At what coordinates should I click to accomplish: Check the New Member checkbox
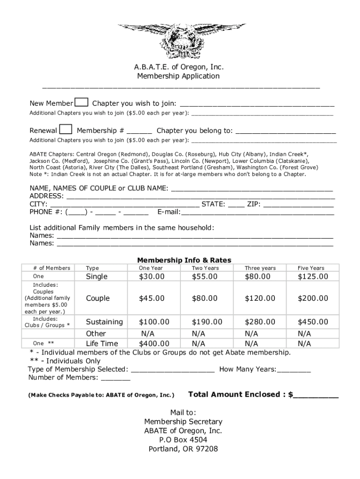pos(82,103)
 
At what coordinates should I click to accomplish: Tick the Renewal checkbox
pos(66,130)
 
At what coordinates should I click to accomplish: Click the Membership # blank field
pos(139,131)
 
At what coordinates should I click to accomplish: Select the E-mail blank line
pos(258,212)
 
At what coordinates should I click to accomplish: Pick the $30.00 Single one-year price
pos(151,276)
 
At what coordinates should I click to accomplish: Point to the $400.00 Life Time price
pos(151,343)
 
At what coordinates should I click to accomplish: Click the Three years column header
pos(260,268)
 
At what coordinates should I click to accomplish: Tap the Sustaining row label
pos(104,322)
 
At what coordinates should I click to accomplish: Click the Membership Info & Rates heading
pos(184,260)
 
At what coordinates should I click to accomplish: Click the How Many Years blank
pos(294,370)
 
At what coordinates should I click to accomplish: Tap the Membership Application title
pos(178,76)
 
